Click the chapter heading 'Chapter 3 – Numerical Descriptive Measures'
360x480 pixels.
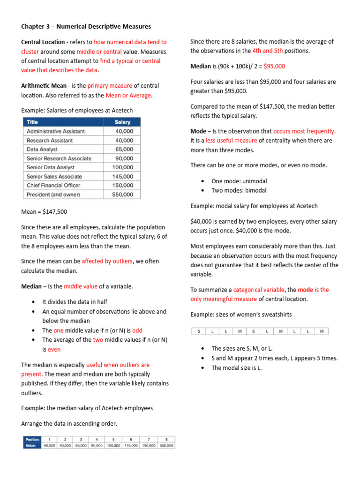(86, 26)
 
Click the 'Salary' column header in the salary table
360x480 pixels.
(123, 122)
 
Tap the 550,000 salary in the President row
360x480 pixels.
(123, 195)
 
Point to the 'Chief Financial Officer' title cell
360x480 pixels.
(53, 185)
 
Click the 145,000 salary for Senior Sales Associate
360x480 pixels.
(123, 176)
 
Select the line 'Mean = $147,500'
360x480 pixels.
(44, 211)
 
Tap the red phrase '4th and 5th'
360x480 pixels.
(267, 51)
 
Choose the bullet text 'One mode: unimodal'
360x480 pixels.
(239, 181)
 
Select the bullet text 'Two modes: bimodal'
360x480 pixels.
(239, 190)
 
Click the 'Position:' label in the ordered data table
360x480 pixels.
(32, 440)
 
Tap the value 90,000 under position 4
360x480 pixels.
(97, 445)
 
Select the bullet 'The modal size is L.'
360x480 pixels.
(237, 367)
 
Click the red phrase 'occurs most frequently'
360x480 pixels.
(304, 131)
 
